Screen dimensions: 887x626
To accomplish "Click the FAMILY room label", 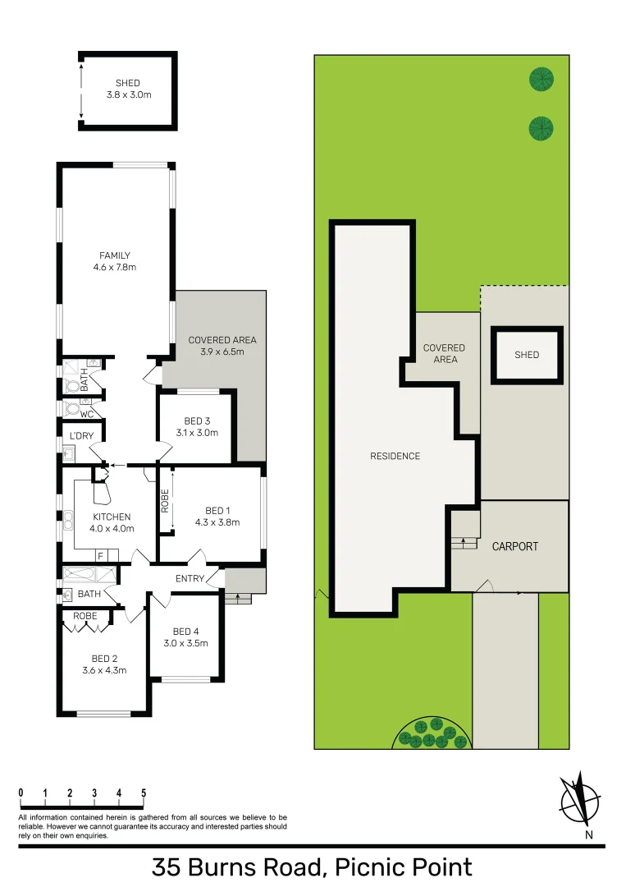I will point(115,261).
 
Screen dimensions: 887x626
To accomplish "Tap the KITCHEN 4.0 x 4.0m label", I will point(112,522).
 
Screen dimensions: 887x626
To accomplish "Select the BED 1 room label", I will point(217,515).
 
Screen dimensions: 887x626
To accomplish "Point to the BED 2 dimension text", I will point(104,670).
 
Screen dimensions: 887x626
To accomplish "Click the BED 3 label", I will point(196,426).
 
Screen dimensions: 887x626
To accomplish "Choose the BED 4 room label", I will point(185,637).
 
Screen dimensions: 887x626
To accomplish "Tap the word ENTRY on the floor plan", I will point(190,579).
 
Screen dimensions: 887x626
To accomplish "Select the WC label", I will point(86,415).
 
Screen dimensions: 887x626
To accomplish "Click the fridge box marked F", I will point(100,556).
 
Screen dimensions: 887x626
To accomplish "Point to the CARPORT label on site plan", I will point(514,546).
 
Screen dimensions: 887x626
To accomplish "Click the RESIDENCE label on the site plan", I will point(395,457).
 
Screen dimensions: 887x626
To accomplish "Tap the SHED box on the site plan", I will point(527,355).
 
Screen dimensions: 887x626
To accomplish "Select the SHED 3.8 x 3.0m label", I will point(129,89).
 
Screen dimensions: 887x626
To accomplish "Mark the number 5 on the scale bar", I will point(144,793).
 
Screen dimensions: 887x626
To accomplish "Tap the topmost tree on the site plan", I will point(541,80).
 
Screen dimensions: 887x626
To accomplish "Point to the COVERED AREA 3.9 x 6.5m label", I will point(222,345).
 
